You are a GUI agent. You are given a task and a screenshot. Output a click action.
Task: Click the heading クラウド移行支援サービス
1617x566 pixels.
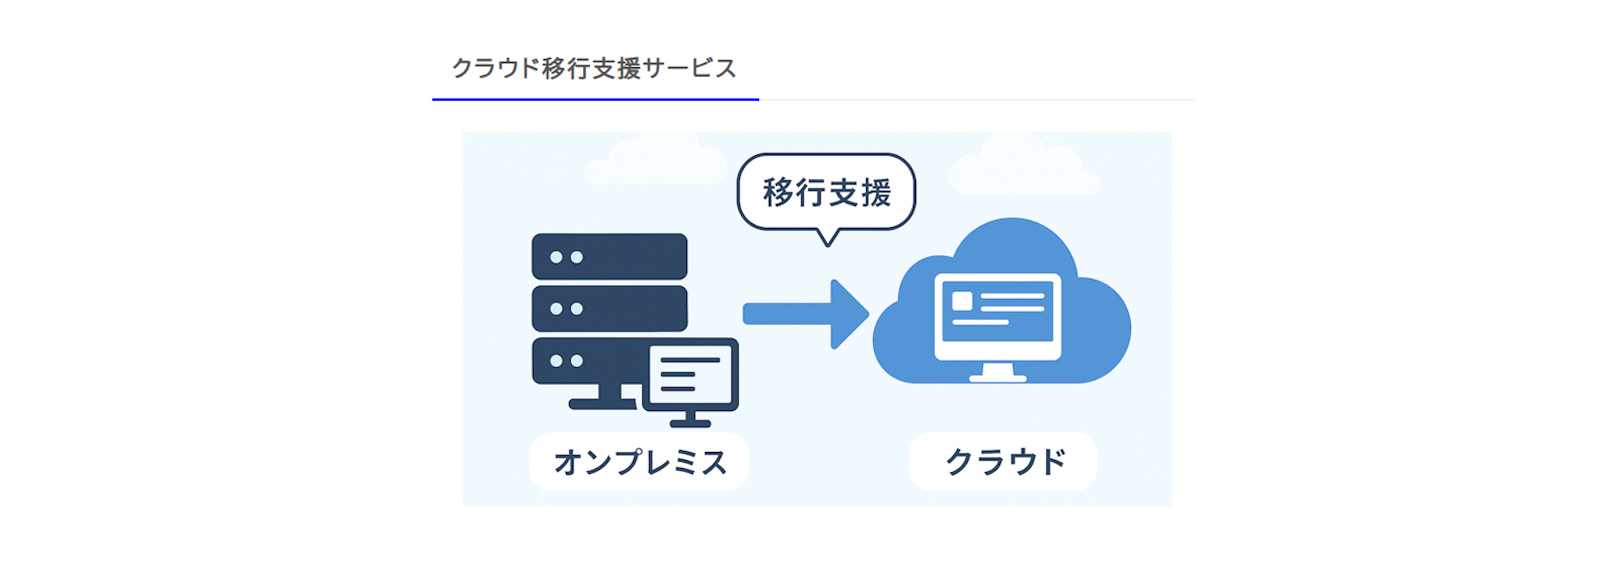point(594,68)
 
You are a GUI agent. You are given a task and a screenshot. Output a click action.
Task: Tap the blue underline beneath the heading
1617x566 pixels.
point(595,99)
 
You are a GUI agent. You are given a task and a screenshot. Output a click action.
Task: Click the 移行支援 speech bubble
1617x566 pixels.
point(826,192)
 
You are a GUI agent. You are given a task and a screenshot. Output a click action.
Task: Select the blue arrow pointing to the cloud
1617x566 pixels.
point(805,314)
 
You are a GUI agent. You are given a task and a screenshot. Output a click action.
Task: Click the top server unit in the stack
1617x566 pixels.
point(610,256)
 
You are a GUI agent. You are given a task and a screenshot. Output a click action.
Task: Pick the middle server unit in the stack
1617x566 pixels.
point(610,308)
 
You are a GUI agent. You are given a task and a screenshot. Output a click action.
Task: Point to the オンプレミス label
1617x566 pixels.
point(640,462)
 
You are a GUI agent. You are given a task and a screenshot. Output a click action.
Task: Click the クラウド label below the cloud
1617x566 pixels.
point(1003,462)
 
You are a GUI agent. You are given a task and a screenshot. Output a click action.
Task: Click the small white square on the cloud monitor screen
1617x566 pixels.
point(962,301)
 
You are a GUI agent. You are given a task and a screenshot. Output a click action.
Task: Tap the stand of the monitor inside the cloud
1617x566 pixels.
point(997,373)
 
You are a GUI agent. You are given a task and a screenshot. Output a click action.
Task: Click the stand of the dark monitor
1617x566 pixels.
point(690,419)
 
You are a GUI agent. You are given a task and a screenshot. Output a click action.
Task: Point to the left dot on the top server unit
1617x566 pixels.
point(556,257)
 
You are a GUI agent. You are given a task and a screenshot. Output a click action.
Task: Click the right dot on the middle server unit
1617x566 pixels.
point(576,309)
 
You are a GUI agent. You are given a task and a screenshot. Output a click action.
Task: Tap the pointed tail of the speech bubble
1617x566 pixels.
point(827,238)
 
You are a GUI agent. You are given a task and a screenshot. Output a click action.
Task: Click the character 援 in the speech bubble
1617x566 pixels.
point(875,192)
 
